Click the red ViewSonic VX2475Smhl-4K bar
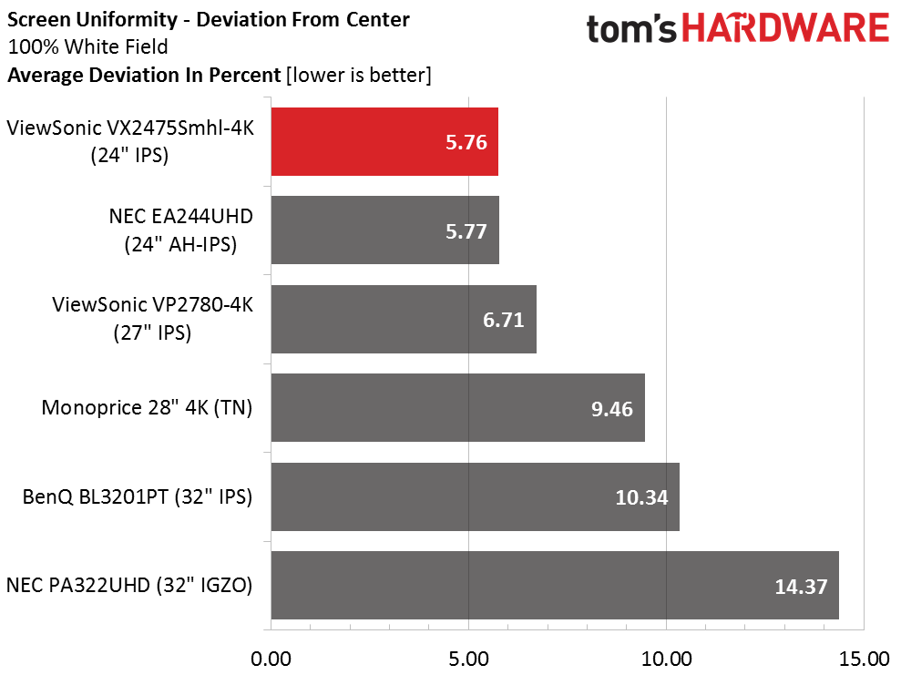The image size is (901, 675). click(384, 141)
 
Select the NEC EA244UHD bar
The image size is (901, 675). click(384, 230)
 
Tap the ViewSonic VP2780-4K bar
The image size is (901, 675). click(403, 319)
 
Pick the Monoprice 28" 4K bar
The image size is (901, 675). click(457, 407)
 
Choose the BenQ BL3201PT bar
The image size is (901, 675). click(475, 496)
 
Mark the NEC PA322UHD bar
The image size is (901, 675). click(554, 585)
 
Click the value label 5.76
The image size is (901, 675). click(466, 142)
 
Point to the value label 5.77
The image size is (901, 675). click(466, 230)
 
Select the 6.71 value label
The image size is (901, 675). click(504, 320)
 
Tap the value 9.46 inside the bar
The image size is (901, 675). click(612, 408)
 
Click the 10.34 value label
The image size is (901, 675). click(642, 497)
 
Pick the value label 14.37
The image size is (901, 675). click(801, 586)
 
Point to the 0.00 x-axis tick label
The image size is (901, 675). click(271, 658)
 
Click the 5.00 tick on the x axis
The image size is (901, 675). click(468, 658)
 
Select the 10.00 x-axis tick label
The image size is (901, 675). click(666, 658)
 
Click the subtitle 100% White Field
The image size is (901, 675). click(87, 46)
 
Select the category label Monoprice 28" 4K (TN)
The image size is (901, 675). click(147, 407)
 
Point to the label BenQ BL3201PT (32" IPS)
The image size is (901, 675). click(138, 496)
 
